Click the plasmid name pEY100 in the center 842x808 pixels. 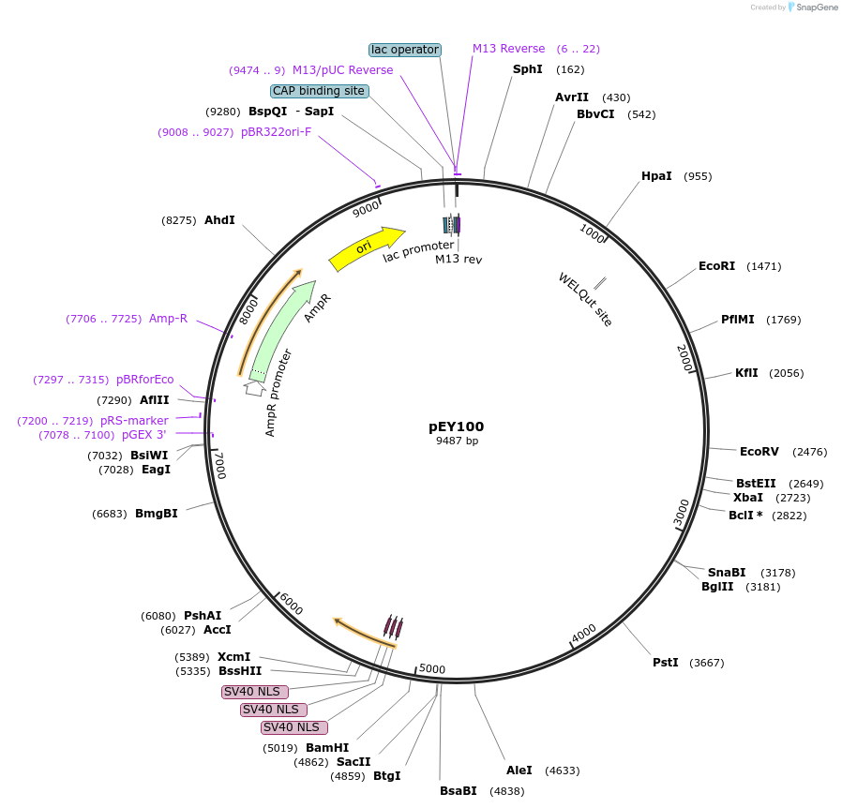pos(456,426)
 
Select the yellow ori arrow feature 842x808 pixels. pos(365,247)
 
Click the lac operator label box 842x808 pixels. pos(405,50)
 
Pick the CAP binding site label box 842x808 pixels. pos(319,91)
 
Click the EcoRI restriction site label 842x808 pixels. pos(716,266)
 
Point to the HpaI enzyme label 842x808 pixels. pos(656,176)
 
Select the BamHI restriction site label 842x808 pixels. pos(326,748)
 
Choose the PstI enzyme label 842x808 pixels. pos(665,663)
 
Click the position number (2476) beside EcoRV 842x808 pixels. pos(809,452)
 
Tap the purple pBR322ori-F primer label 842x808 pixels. pos(276,132)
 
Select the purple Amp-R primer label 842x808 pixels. pos(168,319)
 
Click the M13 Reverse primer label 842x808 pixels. pos(508,49)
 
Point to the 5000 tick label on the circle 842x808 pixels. pos(432,669)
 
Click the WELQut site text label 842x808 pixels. pos(585,299)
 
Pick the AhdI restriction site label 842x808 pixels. pos(219,220)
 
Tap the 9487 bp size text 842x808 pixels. pos(457,441)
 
